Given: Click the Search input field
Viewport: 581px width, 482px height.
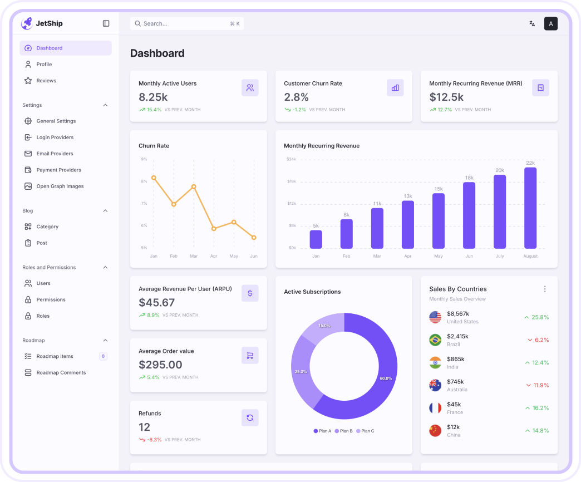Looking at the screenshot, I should pyautogui.click(x=186, y=23).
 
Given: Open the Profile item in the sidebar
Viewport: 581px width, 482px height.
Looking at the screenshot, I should pyautogui.click(x=44, y=65).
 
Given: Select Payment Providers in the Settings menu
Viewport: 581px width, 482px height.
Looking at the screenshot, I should pyautogui.click(x=58, y=170).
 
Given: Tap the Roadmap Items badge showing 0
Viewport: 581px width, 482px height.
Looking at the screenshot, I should pyautogui.click(x=103, y=356).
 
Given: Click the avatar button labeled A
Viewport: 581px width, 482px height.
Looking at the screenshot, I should pyautogui.click(x=550, y=23).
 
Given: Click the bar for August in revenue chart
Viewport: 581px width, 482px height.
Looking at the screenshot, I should pyautogui.click(x=530, y=208).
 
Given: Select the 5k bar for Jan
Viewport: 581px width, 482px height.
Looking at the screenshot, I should pyautogui.click(x=316, y=239).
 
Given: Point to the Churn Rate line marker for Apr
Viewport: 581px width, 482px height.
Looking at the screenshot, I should pyautogui.click(x=214, y=229).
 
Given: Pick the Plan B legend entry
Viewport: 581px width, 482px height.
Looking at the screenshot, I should pyautogui.click(x=343, y=431).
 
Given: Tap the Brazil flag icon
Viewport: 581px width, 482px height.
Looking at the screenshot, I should pyautogui.click(x=435, y=340).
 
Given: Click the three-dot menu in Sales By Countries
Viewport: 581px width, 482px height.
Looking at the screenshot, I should pyautogui.click(x=545, y=289).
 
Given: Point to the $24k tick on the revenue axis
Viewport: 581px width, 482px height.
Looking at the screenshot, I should pyautogui.click(x=291, y=159).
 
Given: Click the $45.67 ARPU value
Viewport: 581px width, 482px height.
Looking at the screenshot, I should pyautogui.click(x=156, y=303).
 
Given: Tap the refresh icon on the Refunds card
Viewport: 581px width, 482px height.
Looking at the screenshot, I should pyautogui.click(x=250, y=418).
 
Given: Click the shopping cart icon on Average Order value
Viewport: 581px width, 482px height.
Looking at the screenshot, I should pyautogui.click(x=250, y=356).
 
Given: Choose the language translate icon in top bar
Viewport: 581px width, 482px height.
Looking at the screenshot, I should pyautogui.click(x=532, y=23).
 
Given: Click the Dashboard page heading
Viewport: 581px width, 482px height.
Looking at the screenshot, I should pyautogui.click(x=157, y=53).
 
